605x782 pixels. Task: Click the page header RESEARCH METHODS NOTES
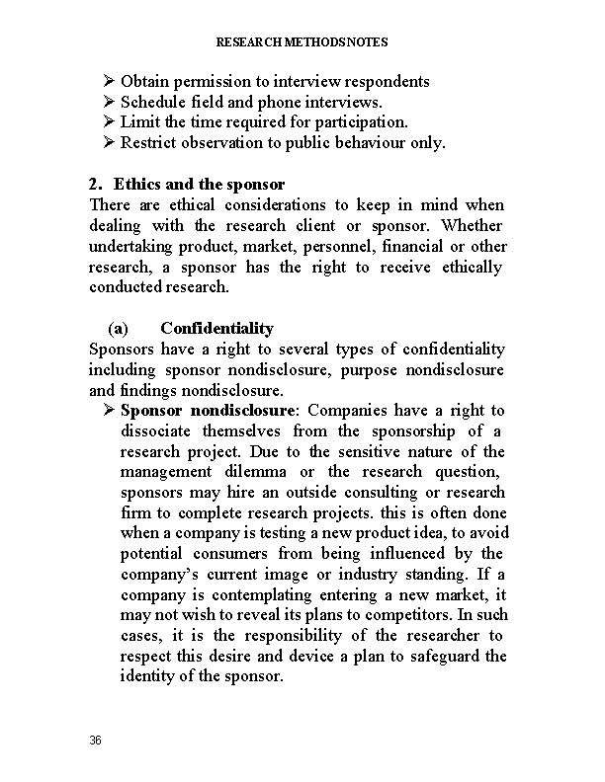302,42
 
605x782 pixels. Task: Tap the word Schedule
152,101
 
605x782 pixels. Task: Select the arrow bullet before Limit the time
109,122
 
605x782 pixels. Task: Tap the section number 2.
95,185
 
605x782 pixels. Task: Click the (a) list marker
117,328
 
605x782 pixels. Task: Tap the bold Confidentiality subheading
216,328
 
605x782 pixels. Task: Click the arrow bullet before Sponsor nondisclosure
109,411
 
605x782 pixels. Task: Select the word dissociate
156,431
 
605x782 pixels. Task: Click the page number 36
95,740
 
